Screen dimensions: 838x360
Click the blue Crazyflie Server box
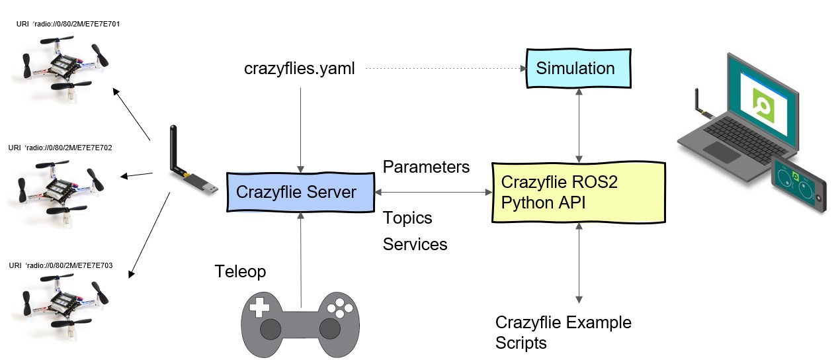[x=300, y=192]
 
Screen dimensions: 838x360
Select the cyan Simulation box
[x=579, y=68]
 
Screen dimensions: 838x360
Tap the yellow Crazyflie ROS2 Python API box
[x=578, y=193]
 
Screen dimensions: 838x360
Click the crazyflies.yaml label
[x=299, y=69]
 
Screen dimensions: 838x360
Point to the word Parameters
[x=426, y=167]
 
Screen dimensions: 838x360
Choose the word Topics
[x=407, y=218]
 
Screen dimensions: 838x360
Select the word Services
[x=415, y=244]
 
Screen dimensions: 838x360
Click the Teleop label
[x=240, y=272]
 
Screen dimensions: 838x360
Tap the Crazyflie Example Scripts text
[x=563, y=333]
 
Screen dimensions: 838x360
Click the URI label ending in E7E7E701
[x=68, y=24]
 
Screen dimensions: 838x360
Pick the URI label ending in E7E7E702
[x=60, y=148]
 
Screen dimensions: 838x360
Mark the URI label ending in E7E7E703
[x=61, y=265]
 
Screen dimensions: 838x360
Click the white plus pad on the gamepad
[x=259, y=307]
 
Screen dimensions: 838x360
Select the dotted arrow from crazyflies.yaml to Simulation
[x=446, y=68]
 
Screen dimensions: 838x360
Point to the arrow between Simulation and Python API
[x=579, y=125]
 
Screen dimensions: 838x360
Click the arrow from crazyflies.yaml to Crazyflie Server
[x=300, y=130]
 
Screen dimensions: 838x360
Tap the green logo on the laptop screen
[x=763, y=105]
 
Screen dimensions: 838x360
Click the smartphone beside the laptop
[x=798, y=185]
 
